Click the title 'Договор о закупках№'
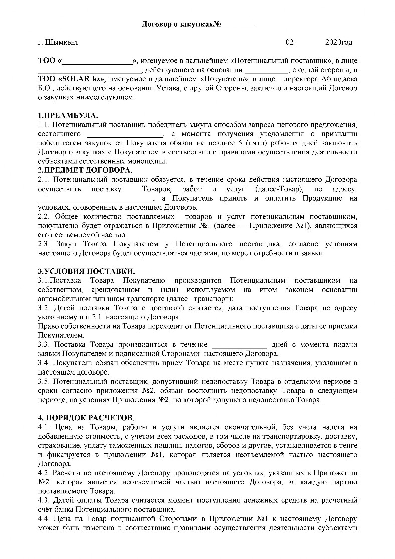(182, 24)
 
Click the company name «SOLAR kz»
(82, 79)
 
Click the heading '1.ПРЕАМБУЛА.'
(65, 116)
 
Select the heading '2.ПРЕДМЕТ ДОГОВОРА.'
(82, 171)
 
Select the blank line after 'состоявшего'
(125, 134)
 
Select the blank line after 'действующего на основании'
(266, 70)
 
